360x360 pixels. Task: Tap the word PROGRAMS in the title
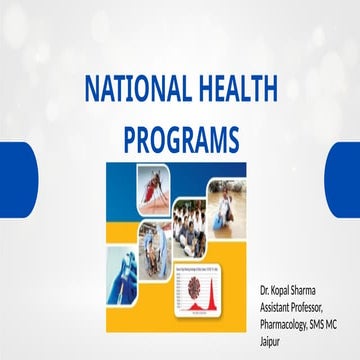[x=180, y=136]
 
